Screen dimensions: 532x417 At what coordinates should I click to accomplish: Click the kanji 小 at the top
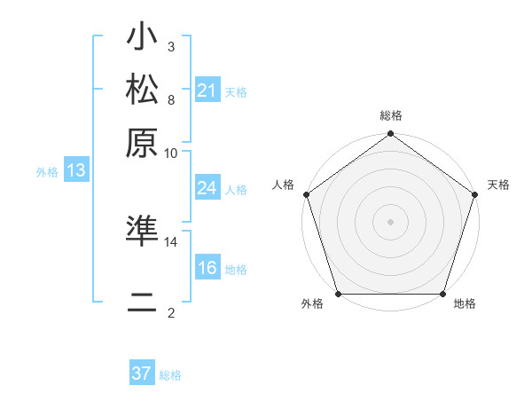(142, 39)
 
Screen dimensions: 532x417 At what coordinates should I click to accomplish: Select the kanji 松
(142, 90)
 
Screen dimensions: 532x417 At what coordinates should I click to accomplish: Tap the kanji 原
(142, 142)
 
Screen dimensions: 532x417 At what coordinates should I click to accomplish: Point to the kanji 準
(142, 232)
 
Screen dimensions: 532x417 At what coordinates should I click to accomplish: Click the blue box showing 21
(207, 90)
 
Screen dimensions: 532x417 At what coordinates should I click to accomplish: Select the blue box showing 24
(207, 188)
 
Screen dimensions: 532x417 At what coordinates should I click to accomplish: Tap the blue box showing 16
(207, 269)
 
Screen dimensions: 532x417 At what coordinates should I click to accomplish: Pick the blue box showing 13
(76, 170)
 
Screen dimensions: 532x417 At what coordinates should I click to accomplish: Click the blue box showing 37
(142, 374)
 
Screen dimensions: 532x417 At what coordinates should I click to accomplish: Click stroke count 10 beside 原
(171, 152)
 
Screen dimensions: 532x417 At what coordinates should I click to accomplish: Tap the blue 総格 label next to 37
(171, 375)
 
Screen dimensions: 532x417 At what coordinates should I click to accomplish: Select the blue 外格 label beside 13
(47, 172)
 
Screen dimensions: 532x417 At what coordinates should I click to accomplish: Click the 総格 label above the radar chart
(391, 116)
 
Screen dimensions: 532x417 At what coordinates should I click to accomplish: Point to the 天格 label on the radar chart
(499, 185)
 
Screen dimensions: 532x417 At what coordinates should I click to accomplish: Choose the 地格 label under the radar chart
(465, 304)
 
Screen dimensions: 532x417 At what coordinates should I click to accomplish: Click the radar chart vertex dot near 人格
(306, 194)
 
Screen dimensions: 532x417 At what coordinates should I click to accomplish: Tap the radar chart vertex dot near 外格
(339, 294)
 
